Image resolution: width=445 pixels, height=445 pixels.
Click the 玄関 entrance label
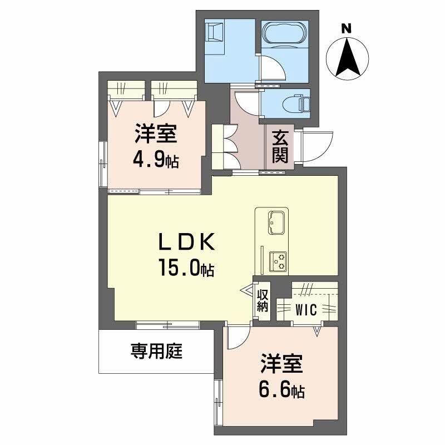[x=279, y=146]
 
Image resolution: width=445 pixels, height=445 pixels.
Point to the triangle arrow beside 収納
[x=246, y=289]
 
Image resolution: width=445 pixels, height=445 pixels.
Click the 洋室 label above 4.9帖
[x=155, y=134]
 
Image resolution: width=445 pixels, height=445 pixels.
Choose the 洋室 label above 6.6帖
[x=281, y=365]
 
